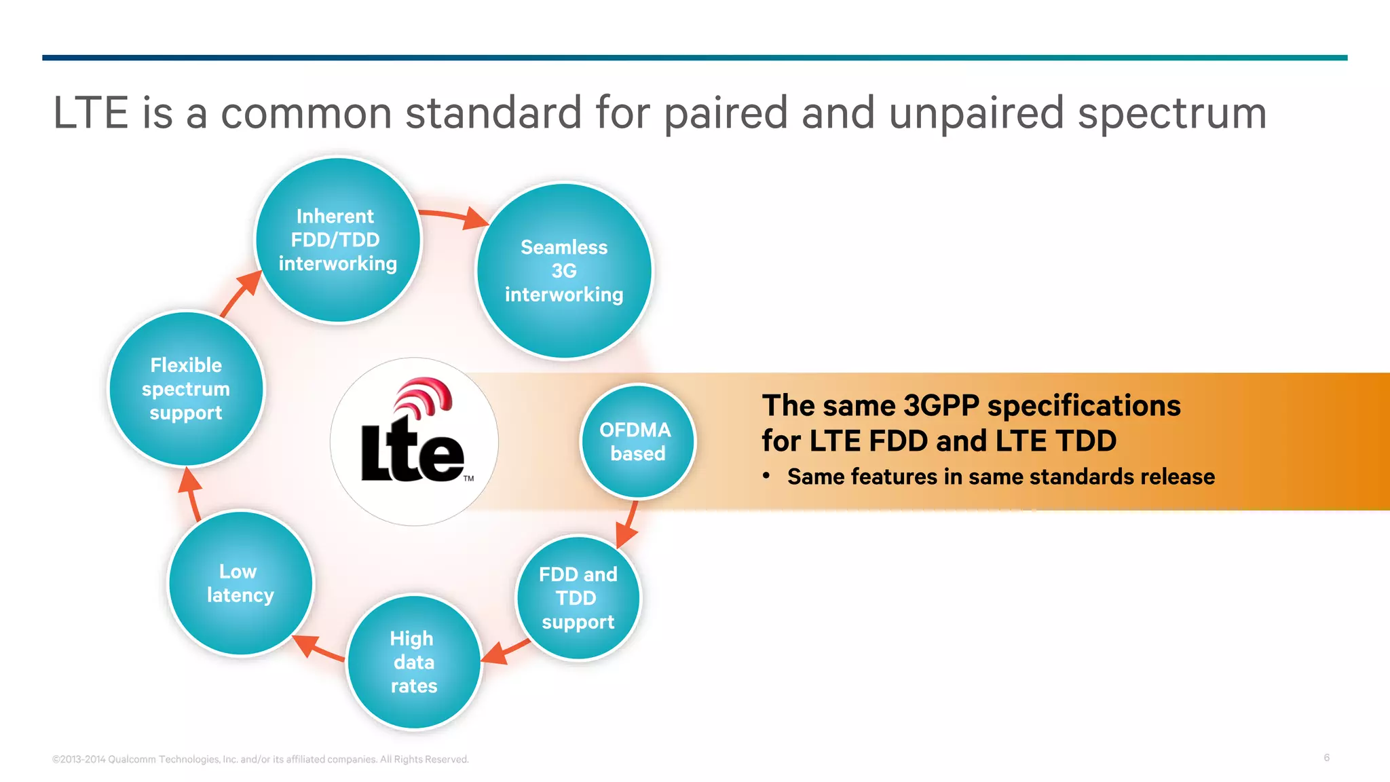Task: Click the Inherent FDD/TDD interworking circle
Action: tap(337, 240)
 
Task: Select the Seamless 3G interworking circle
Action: tap(563, 271)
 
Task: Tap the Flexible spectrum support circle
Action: tap(186, 389)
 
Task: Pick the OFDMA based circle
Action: tap(637, 442)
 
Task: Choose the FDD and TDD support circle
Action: tap(578, 598)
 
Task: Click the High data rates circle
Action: tap(414, 663)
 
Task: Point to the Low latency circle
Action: tap(240, 584)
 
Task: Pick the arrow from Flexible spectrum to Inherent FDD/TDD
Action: tap(240, 293)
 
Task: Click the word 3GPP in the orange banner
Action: tap(941, 406)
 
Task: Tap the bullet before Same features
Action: tap(766, 476)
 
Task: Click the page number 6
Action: tap(1326, 758)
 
